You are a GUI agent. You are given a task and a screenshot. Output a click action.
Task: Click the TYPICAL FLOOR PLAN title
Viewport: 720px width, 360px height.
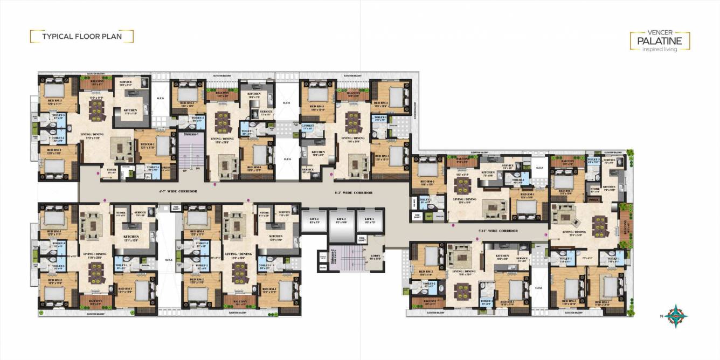click(82, 37)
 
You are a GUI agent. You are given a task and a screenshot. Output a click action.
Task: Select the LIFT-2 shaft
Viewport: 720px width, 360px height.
click(315, 222)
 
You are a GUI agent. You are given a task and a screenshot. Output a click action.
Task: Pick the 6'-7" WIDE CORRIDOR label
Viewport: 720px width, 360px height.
click(178, 191)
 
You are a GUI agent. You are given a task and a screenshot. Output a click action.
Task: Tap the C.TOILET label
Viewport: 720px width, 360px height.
click(308, 127)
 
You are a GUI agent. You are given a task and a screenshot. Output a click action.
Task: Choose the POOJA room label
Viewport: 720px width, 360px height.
click(595, 198)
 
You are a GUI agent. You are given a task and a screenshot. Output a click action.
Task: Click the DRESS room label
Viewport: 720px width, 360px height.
click(166, 168)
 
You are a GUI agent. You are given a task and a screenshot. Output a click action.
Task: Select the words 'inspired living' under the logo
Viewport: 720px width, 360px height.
click(660, 49)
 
